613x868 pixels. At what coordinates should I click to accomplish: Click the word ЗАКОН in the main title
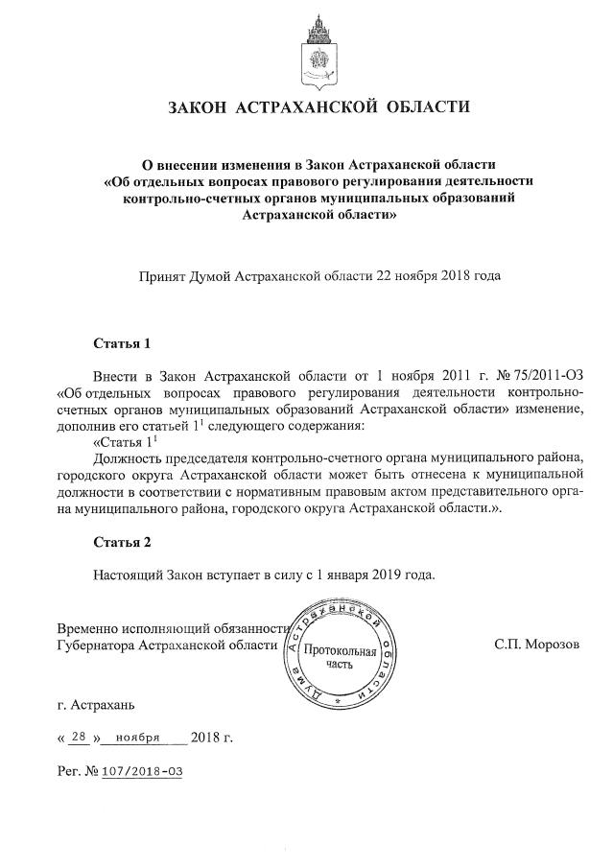click(201, 106)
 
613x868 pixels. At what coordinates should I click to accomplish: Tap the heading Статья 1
click(122, 341)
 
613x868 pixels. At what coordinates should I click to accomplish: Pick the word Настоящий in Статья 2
click(129, 575)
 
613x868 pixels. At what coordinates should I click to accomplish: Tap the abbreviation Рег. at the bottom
click(70, 770)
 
